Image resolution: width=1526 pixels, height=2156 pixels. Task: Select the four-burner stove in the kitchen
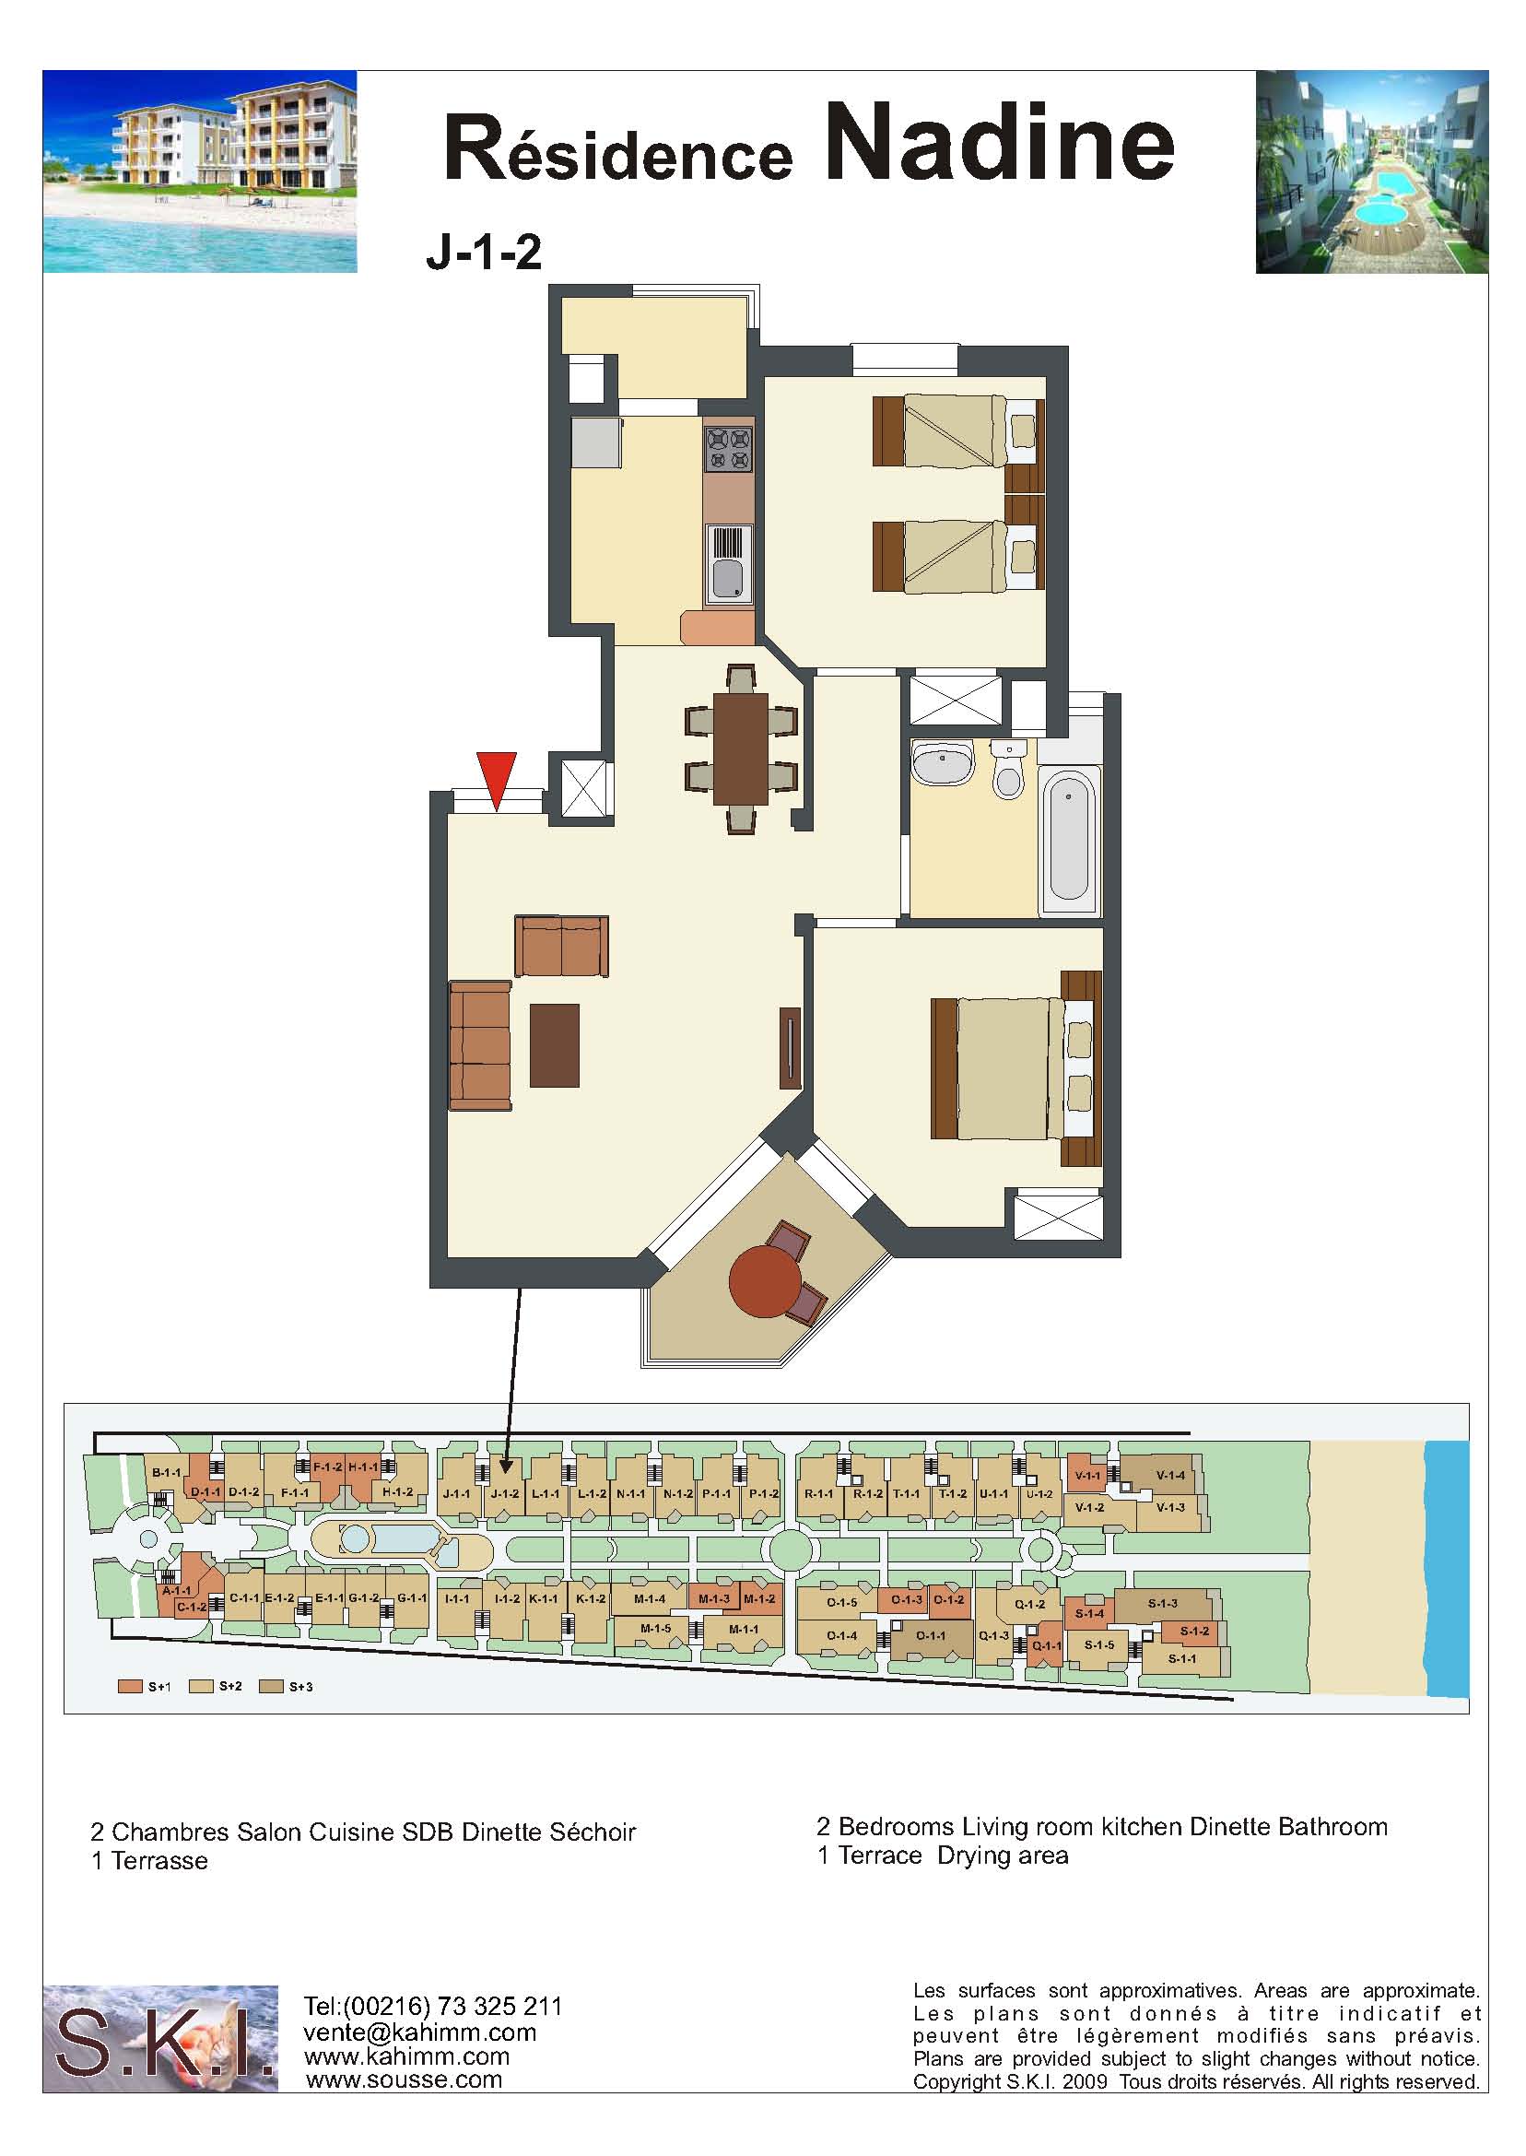click(728, 448)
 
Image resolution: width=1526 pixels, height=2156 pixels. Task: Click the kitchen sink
click(728, 563)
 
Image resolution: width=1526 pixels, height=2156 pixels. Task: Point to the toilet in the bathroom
click(1008, 770)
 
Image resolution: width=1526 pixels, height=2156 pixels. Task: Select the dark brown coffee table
click(555, 1045)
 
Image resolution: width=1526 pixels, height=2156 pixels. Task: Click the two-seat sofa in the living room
click(561, 947)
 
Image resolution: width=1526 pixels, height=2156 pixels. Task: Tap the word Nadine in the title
click(1001, 143)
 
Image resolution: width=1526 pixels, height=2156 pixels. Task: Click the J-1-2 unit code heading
click(484, 253)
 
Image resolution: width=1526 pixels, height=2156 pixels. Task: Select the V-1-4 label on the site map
click(1170, 1475)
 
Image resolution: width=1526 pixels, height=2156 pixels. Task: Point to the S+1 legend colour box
click(130, 1686)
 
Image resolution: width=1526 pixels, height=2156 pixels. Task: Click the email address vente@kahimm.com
click(419, 2032)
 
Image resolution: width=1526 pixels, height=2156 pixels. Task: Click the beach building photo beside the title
click(200, 172)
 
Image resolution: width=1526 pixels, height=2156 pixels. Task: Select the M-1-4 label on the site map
click(650, 1597)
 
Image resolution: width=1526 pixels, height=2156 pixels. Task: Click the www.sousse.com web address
click(404, 2079)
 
